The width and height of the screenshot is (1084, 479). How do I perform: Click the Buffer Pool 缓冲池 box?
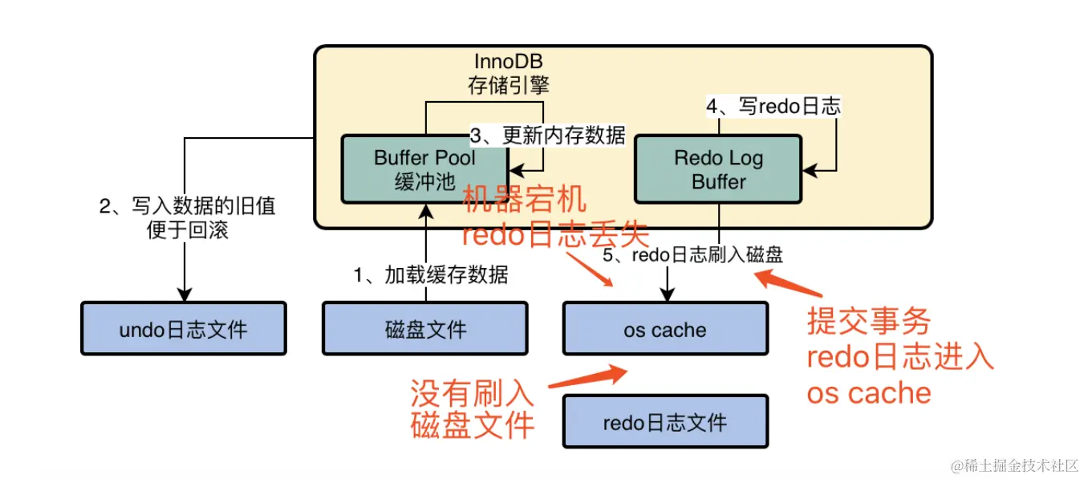coord(424,169)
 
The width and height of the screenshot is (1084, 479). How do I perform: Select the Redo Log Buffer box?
coord(718,169)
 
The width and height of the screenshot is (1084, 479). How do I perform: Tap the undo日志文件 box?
coord(184,328)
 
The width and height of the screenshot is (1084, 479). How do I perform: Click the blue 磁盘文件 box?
coord(424,328)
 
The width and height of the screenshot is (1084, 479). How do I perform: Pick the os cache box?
coord(665,328)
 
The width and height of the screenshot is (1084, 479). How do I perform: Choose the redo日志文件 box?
coord(665,421)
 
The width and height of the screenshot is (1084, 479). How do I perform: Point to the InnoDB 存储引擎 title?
coord(509,74)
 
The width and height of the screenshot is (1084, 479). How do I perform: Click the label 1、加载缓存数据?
coord(431,275)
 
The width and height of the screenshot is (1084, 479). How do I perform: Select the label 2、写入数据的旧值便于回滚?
coord(187,217)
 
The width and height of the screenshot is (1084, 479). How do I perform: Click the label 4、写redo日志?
coord(773,106)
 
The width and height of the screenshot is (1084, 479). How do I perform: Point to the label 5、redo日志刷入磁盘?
coord(692,254)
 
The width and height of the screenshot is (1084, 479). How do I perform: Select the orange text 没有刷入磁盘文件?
coord(472,408)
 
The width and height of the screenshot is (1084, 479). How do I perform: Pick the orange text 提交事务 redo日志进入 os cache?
coord(899,357)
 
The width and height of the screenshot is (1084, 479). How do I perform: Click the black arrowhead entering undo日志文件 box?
coord(185,294)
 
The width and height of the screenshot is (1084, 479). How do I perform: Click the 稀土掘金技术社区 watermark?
coord(1014,465)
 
